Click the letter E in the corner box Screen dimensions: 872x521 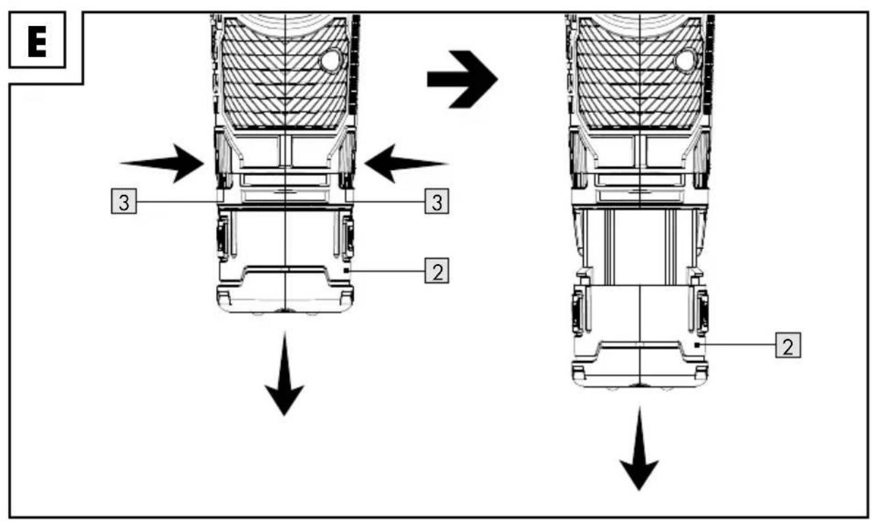coord(37,40)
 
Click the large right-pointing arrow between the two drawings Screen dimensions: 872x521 coord(462,79)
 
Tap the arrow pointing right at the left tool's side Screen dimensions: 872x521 coord(163,163)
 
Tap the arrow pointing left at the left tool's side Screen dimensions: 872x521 coord(406,163)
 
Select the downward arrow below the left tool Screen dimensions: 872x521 coord(284,374)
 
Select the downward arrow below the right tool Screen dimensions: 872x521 coord(639,449)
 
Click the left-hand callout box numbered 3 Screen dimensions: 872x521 coord(124,201)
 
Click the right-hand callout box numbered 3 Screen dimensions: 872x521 coord(437,201)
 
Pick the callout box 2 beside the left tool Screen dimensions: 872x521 coord(437,271)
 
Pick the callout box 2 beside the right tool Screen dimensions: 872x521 coord(788,345)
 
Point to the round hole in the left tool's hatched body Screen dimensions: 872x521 coord(331,60)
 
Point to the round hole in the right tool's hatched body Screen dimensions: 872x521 coord(685,60)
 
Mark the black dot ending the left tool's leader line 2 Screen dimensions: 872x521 coord(346,270)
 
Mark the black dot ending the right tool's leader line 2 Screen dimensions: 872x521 coord(697,345)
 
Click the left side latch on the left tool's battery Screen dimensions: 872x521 coord(222,237)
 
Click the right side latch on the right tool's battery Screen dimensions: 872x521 coord(703,312)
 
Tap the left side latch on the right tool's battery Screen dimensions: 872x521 coord(577,312)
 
